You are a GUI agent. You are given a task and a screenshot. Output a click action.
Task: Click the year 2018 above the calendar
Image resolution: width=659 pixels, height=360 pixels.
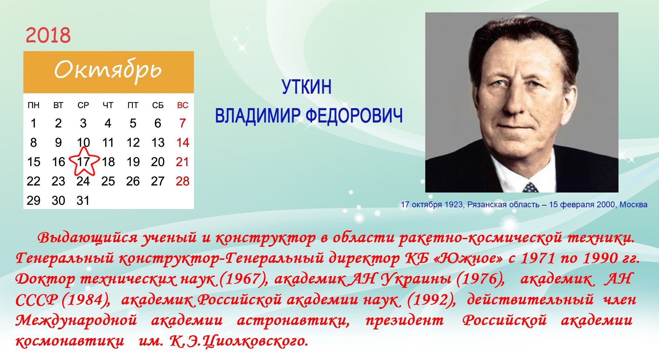click(48, 35)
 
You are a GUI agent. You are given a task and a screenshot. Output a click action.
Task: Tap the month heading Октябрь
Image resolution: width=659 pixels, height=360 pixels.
click(108, 70)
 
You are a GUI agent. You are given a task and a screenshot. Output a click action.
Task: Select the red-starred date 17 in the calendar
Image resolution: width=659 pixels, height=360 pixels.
click(83, 162)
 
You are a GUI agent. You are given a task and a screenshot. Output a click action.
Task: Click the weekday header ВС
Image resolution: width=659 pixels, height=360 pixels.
click(183, 105)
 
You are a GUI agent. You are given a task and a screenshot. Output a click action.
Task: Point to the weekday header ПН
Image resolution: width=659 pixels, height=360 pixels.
click(34, 105)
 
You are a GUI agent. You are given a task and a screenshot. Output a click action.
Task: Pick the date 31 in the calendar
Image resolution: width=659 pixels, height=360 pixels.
click(83, 200)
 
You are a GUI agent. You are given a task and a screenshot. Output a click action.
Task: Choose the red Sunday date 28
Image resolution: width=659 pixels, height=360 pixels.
click(183, 181)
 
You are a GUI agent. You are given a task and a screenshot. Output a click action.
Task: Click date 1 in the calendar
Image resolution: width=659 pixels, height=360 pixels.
click(33, 123)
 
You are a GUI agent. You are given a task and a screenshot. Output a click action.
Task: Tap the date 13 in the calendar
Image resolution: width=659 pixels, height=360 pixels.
click(158, 142)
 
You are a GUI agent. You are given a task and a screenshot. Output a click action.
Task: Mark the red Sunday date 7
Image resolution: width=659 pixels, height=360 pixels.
click(183, 123)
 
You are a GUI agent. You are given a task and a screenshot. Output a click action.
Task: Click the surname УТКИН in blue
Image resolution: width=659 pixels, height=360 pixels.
click(307, 87)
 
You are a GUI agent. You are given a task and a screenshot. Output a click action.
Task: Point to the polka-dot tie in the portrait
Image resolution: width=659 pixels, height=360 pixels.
click(530, 187)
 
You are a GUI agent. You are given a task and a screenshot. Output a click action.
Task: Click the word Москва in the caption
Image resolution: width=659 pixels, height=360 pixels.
click(634, 205)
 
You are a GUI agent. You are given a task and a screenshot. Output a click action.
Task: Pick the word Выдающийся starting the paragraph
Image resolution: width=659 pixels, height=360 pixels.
click(88, 237)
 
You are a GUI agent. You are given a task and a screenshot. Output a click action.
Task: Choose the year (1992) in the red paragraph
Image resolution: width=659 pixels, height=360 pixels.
click(431, 300)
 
